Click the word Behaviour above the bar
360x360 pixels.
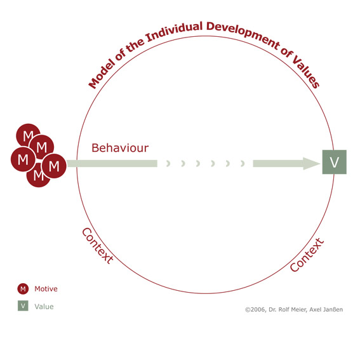point(120,148)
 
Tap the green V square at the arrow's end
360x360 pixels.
point(334,162)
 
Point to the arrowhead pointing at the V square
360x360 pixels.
point(311,163)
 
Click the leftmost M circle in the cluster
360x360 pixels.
point(23,159)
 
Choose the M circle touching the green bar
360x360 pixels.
point(54,166)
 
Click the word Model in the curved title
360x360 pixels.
point(102,74)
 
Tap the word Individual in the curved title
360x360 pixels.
point(175,32)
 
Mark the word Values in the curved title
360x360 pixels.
point(306,72)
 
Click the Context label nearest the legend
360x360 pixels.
point(97,246)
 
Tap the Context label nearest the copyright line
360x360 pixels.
point(307,255)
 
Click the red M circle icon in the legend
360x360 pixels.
point(23,289)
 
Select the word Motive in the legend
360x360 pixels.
point(46,289)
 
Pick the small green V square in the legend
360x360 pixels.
point(23,305)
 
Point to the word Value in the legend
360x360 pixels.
point(44,307)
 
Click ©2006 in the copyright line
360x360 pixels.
point(255,310)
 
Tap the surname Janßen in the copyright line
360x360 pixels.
point(333,309)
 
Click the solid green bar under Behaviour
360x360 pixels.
point(112,163)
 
